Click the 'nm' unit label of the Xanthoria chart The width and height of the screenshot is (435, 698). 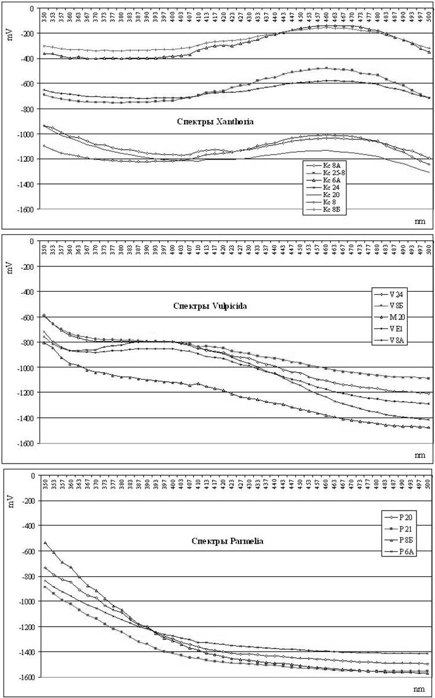(x=419, y=221)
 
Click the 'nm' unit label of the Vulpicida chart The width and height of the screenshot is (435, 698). (x=419, y=455)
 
